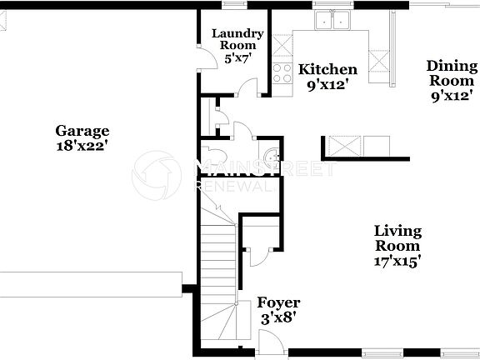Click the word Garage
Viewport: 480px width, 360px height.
tap(82, 130)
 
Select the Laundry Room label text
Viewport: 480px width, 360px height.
tap(237, 40)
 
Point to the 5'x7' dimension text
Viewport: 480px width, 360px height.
tap(237, 58)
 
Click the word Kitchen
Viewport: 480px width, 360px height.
tap(328, 69)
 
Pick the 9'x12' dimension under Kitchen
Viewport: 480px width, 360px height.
tap(328, 83)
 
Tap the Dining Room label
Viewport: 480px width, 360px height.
tap(452, 72)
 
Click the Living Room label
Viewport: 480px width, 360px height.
tap(397, 238)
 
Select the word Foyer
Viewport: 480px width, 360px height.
tap(278, 302)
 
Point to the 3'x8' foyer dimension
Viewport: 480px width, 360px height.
tap(278, 317)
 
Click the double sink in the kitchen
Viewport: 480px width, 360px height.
tap(331, 22)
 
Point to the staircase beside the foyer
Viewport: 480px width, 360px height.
tap(218, 275)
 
